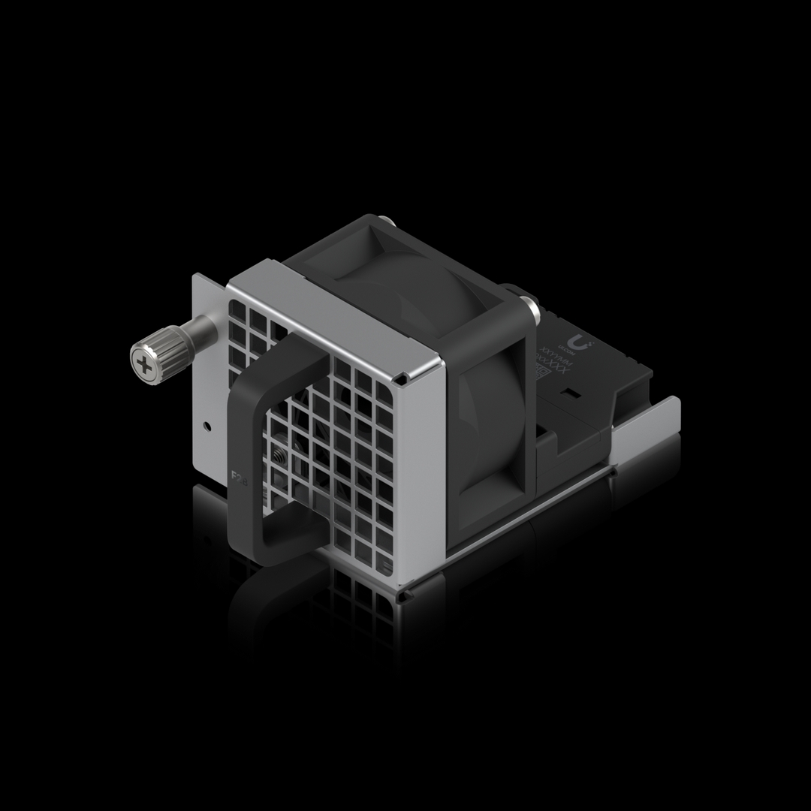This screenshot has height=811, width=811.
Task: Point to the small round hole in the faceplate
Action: pos(208,425)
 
